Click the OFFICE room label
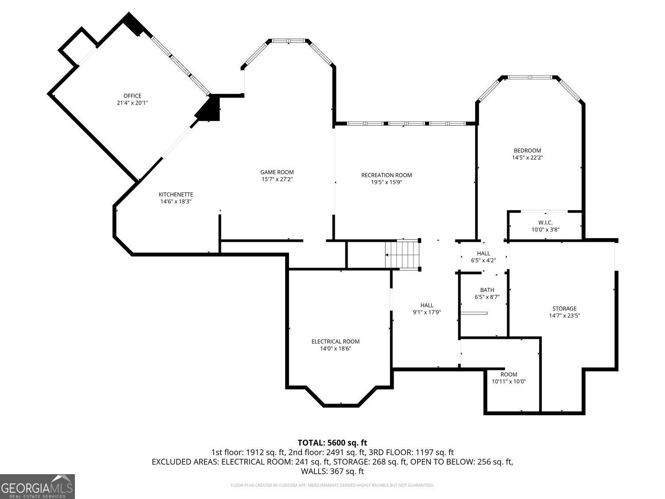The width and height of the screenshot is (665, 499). pyautogui.click(x=132, y=96)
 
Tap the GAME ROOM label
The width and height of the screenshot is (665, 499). pyautogui.click(x=277, y=172)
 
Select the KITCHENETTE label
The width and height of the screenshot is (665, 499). pyautogui.click(x=176, y=194)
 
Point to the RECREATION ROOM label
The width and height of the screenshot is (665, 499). pyautogui.click(x=387, y=175)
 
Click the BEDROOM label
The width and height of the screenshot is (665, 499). pyautogui.click(x=527, y=150)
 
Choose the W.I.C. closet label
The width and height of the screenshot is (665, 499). pyautogui.click(x=545, y=223)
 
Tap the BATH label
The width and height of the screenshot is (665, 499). pyautogui.click(x=487, y=290)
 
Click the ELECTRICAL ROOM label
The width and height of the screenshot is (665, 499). pyautogui.click(x=335, y=342)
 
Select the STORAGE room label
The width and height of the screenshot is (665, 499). pyautogui.click(x=564, y=309)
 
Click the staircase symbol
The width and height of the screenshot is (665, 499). pyautogui.click(x=402, y=255)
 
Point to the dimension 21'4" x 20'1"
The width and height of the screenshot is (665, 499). pyautogui.click(x=132, y=103)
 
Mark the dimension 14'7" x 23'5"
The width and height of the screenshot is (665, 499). pyautogui.click(x=564, y=316)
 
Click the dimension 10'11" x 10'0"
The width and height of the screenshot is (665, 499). pyautogui.click(x=509, y=381)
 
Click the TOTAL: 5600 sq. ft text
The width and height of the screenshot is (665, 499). pyautogui.click(x=332, y=443)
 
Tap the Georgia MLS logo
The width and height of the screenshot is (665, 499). pyautogui.click(x=37, y=487)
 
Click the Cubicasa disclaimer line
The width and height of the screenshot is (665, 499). pyautogui.click(x=332, y=485)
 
